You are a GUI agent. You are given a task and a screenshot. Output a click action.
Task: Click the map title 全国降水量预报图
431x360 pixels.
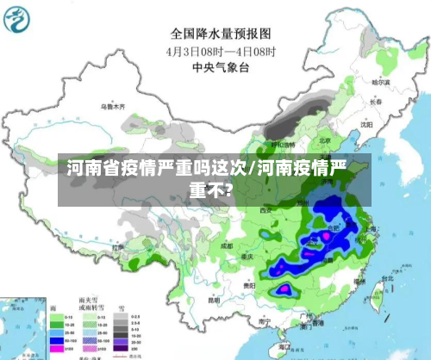[221, 34]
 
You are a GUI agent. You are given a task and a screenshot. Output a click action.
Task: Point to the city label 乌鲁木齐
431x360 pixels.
[113, 107]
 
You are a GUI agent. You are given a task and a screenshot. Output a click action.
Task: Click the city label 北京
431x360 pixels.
[325, 140]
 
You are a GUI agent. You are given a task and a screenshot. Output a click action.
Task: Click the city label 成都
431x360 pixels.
[226, 245]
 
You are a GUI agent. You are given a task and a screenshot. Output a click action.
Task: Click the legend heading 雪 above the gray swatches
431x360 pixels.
[121, 307]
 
